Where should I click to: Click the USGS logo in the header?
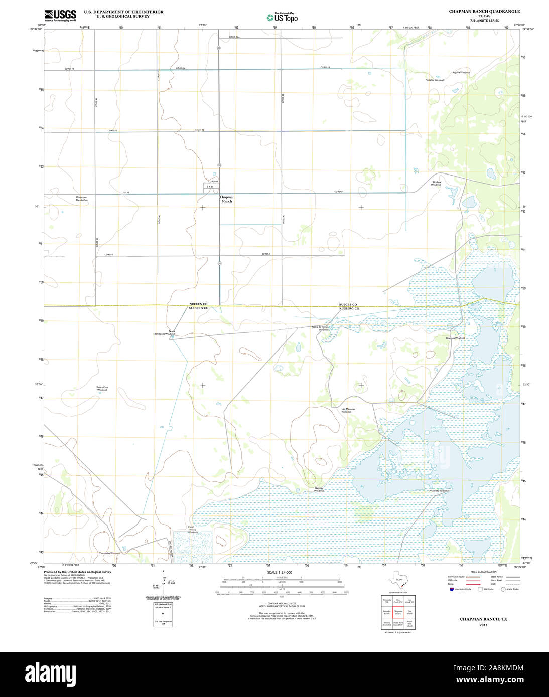[x=60, y=15]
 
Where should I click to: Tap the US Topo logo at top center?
[x=282, y=17]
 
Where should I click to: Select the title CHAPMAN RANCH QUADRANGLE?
[x=477, y=11]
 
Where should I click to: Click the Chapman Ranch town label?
[x=227, y=199]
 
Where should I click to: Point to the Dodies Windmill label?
[x=436, y=183]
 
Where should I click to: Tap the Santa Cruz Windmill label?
[x=102, y=389]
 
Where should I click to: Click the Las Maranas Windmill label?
[x=348, y=410]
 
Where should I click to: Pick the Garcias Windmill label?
[x=319, y=489]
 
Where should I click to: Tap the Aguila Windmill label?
[x=461, y=73]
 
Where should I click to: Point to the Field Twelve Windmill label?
[x=193, y=529]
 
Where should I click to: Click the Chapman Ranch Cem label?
[x=81, y=199]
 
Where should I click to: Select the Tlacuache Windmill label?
[x=110, y=553]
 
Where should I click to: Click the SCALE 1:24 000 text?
[x=280, y=572]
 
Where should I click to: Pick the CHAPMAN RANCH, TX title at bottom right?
[x=483, y=619]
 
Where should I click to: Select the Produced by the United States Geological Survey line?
[x=77, y=572]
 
